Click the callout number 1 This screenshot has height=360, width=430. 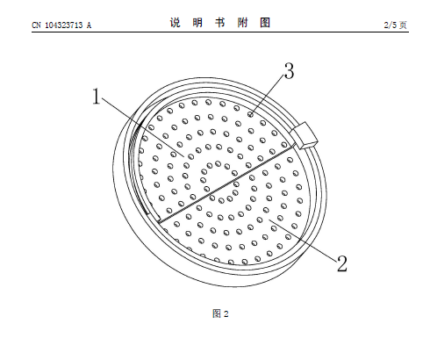pos(97,97)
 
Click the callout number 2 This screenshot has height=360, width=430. pos(341,263)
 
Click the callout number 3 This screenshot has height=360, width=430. pos(289,71)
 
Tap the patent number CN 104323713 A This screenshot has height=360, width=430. pos(61,25)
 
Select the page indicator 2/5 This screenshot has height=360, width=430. pos(391,25)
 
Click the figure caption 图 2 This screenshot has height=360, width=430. pos(220,313)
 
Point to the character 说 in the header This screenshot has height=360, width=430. pos(175,23)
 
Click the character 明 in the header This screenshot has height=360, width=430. pos(197,23)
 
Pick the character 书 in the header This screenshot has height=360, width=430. pos(219,23)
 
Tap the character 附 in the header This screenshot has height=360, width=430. pos(242,23)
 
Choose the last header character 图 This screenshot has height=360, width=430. pos(265,23)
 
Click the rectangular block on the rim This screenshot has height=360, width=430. pos(304,135)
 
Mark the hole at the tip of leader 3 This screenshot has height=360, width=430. pos(251,114)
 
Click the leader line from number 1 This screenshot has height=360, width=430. pos(142,127)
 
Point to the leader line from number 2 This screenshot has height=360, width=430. pos(303,239)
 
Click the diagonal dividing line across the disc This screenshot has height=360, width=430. pos(226,185)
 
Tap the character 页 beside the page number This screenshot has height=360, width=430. pos(403,25)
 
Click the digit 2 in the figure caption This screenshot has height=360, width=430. pos(226,314)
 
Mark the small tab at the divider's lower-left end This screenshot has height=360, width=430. pos(154,216)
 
